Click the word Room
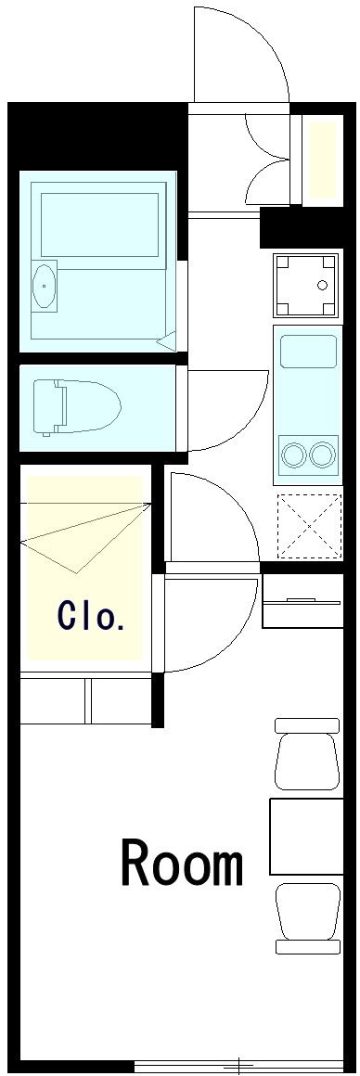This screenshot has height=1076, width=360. tap(183, 865)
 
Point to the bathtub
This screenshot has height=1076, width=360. tap(99, 225)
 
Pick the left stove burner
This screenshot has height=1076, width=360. tap(295, 455)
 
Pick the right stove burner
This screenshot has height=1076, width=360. tap(322, 455)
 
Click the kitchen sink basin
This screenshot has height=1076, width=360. tap(308, 353)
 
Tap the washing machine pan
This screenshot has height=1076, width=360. tap(305, 284)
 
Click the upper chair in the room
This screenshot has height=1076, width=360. tap(306, 755)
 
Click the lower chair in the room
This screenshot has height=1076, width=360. tap(307, 917)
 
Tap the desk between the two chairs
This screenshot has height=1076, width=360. tap(305, 835)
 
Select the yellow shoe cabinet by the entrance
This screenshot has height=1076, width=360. tap(322, 159)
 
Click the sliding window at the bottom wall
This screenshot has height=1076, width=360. tap(238, 1064)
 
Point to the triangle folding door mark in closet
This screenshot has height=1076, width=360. tap(84, 538)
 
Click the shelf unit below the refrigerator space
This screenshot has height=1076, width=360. tap(303, 602)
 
